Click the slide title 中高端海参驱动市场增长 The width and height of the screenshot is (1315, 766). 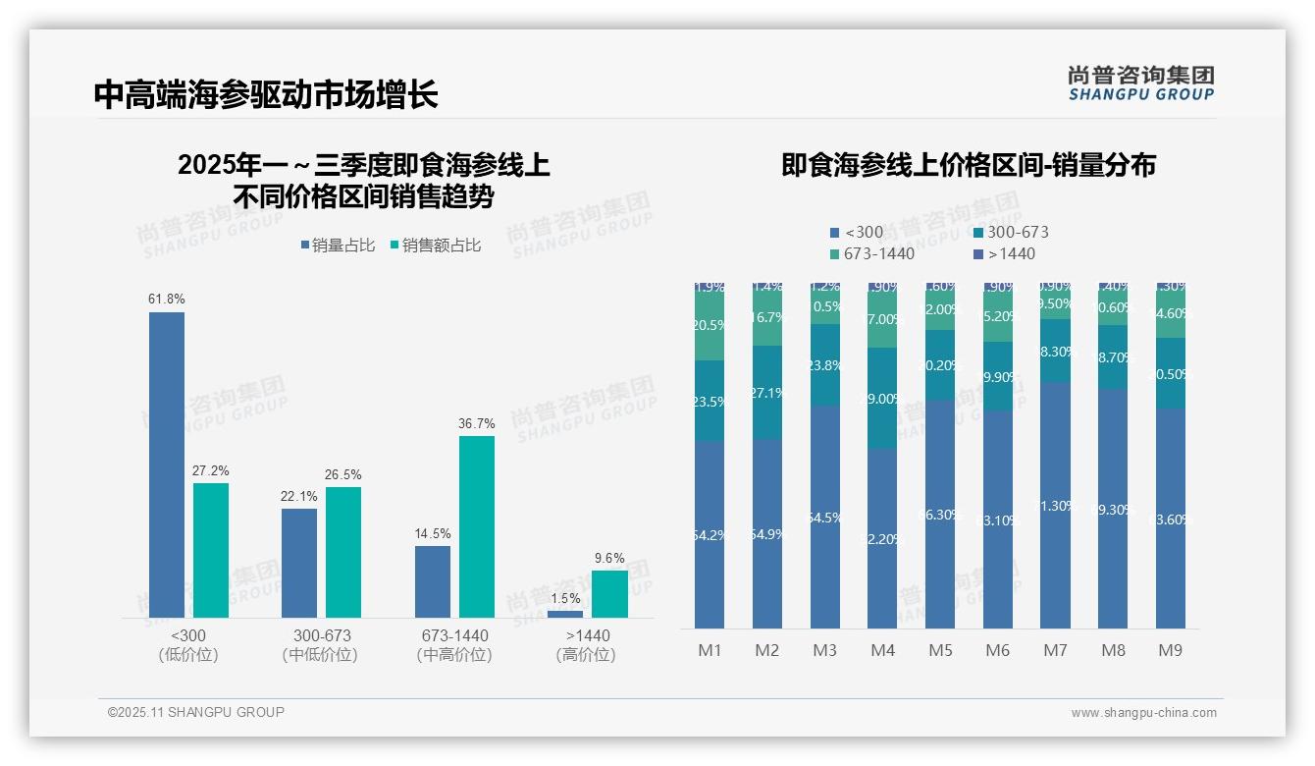(x=266, y=95)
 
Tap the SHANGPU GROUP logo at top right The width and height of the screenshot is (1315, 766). (x=1141, y=83)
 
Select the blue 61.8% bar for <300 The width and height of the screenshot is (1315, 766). (x=167, y=464)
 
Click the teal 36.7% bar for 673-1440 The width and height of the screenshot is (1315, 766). (x=477, y=525)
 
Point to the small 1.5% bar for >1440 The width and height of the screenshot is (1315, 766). (x=565, y=614)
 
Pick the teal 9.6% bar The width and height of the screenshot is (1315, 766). (x=609, y=593)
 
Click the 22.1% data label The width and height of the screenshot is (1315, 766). (x=299, y=497)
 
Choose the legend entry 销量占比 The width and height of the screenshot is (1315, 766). (x=338, y=246)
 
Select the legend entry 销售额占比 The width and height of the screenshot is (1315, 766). (x=436, y=246)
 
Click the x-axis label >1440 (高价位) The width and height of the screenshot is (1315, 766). (x=587, y=645)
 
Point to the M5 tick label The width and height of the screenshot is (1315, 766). (x=941, y=650)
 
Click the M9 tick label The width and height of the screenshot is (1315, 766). (x=1171, y=650)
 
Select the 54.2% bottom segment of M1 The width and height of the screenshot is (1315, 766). (x=709, y=535)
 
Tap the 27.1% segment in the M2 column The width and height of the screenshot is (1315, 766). (x=766, y=392)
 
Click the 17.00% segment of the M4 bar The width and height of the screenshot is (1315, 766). (x=882, y=320)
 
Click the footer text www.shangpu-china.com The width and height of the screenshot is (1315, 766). (x=1143, y=713)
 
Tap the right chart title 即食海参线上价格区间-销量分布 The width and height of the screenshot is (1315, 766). (x=969, y=165)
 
